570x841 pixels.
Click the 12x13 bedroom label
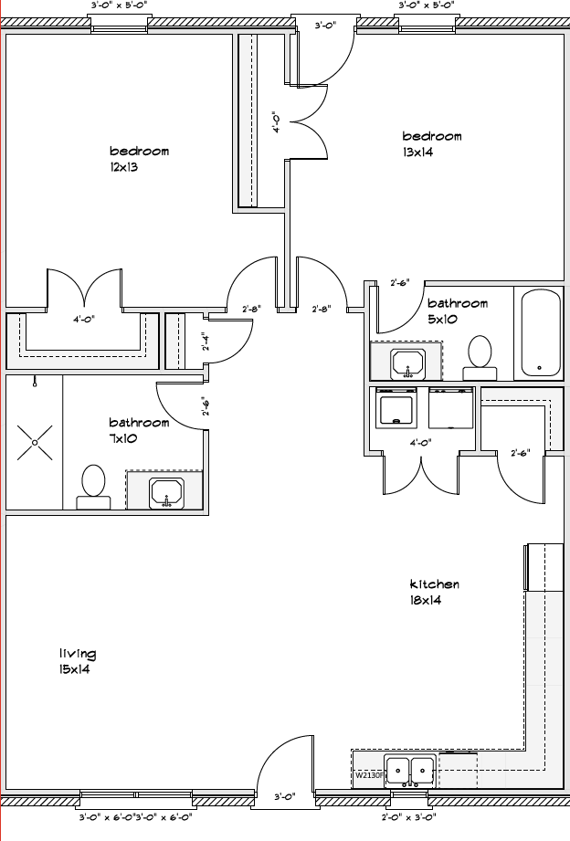139,159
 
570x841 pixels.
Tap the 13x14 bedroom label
431,143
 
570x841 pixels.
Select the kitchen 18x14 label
434,592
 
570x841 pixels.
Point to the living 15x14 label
78,661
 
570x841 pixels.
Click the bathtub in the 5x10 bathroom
539,333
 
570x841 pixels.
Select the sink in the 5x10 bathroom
408,363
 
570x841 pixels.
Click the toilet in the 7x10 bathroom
93,487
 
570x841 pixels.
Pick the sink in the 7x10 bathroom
167,493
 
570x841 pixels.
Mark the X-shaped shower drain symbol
35,443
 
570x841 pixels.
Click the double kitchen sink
410,771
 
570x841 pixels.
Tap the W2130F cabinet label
369,775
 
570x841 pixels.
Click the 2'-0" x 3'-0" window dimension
409,817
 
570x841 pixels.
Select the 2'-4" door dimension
205,342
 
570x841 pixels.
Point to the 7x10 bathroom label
139,430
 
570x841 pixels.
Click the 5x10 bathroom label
458,311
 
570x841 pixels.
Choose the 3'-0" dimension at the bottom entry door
285,796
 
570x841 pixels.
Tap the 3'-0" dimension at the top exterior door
324,25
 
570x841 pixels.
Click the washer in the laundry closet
396,406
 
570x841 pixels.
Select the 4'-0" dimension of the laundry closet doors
421,443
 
